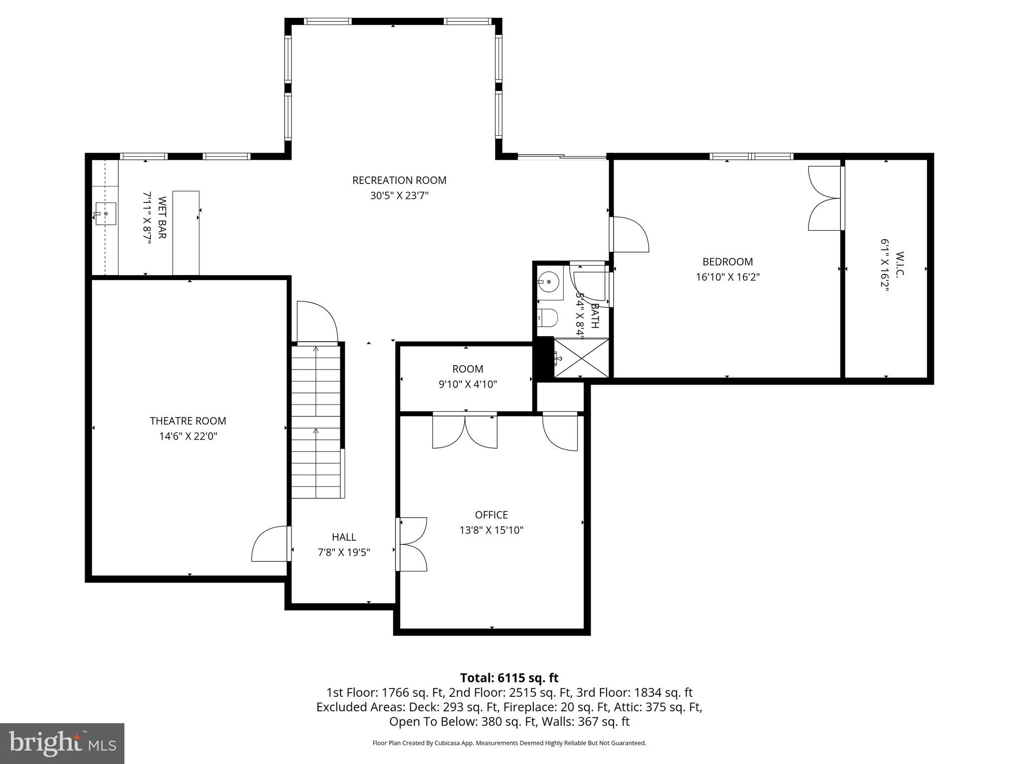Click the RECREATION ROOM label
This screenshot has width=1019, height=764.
coord(399,180)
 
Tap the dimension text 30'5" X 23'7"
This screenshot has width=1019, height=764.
coord(399,195)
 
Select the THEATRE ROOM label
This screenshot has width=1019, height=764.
coord(188,421)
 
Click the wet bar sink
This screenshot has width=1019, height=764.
coord(105,214)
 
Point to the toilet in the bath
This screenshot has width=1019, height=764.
coord(548,317)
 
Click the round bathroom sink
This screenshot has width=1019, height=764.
coord(549,282)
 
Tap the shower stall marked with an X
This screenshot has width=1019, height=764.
coord(581,358)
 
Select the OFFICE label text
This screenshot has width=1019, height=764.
coord(491,515)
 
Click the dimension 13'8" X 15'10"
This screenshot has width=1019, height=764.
coord(491,530)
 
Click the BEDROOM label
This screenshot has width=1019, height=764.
coord(727,262)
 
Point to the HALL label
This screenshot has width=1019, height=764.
coord(344,537)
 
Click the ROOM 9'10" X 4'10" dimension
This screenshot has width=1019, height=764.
coord(467,384)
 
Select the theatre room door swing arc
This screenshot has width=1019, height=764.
coord(269,545)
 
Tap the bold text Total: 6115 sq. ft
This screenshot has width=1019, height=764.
coord(509,678)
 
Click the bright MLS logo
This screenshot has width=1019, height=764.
coord(62,743)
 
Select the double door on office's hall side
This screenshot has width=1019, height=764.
coord(412,544)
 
